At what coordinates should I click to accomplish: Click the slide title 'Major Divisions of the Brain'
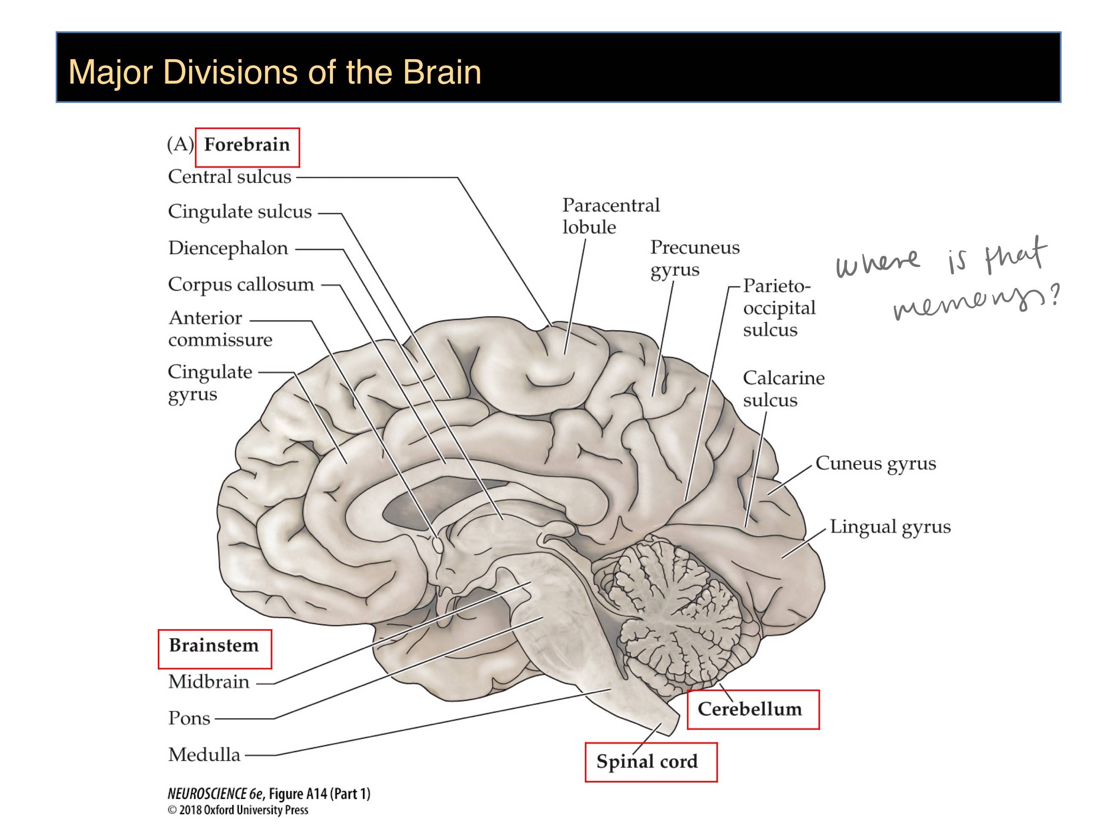(x=275, y=72)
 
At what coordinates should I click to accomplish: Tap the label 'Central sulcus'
(x=230, y=177)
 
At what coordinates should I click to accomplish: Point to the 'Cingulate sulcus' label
(x=240, y=212)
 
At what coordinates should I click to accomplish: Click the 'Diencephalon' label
(x=228, y=248)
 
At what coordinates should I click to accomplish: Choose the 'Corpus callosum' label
(x=241, y=285)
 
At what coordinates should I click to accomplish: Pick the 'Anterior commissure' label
(x=220, y=329)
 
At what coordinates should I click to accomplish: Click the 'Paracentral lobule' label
(x=611, y=216)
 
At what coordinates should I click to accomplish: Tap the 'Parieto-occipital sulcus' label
(x=779, y=308)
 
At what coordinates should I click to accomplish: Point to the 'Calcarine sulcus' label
(x=784, y=388)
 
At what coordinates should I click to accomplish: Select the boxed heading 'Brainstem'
(x=214, y=646)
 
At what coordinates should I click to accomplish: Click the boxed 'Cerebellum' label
(x=750, y=709)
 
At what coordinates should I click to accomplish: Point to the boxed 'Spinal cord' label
(x=648, y=762)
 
